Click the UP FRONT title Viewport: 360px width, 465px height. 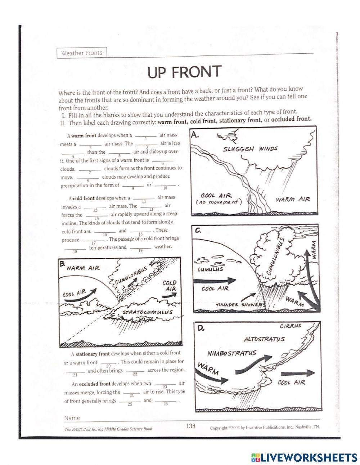(x=184, y=72)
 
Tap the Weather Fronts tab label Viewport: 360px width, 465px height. (x=82, y=53)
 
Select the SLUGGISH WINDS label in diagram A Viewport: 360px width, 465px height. (x=250, y=149)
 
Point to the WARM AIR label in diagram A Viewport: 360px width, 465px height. (x=293, y=199)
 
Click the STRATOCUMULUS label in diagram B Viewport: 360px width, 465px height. (x=148, y=312)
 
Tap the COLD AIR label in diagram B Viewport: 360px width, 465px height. (x=170, y=286)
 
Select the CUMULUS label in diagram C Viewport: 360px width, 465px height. (x=210, y=269)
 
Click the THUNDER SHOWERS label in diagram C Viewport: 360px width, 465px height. (x=241, y=305)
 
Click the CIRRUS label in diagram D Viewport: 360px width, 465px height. (x=291, y=326)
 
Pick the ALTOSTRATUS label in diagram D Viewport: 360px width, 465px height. (x=264, y=339)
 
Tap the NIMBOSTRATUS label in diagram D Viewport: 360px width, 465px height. (x=232, y=353)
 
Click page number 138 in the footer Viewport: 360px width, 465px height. (x=190, y=426)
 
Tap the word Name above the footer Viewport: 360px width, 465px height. (x=72, y=418)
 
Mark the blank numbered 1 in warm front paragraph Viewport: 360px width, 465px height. (x=145, y=136)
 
